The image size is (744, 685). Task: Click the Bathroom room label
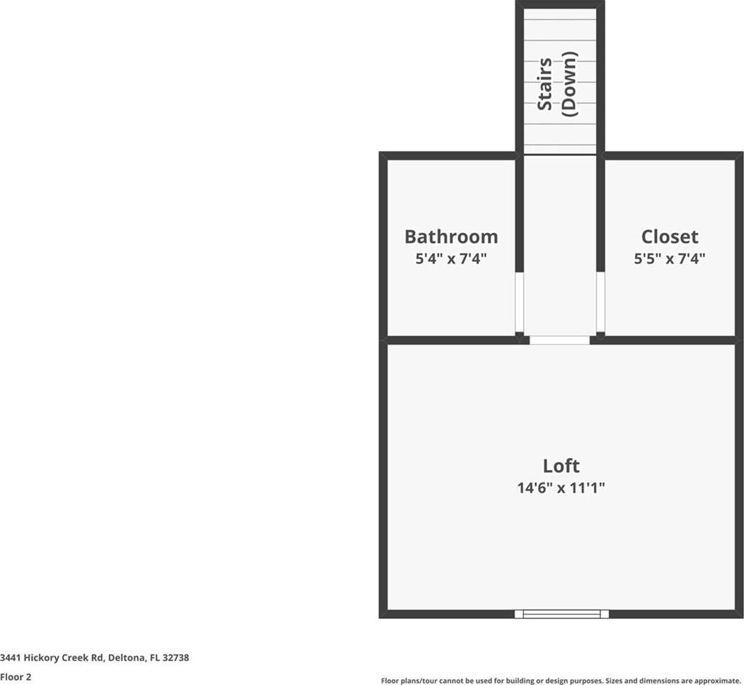tap(451, 237)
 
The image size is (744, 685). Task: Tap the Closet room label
tap(669, 237)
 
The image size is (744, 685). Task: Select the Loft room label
tap(561, 466)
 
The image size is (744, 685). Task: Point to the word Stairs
tap(544, 84)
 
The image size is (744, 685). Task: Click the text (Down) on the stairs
tap(569, 84)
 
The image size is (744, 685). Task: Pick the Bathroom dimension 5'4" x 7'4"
tap(451, 259)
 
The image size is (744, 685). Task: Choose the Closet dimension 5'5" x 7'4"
tap(669, 259)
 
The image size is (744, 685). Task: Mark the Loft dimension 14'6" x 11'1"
tap(561, 488)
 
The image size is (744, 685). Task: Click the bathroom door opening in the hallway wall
tap(520, 302)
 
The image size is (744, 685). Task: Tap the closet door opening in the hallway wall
tap(600, 302)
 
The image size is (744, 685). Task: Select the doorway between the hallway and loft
tap(560, 340)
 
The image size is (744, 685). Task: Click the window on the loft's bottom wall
tap(562, 614)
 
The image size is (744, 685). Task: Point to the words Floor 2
tap(16, 677)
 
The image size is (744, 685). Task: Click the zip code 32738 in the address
tap(176, 657)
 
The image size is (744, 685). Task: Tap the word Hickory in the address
tap(42, 657)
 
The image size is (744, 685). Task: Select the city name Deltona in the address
tap(127, 657)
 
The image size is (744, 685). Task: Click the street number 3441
tap(10, 657)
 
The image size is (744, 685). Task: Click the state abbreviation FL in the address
tap(154, 657)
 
